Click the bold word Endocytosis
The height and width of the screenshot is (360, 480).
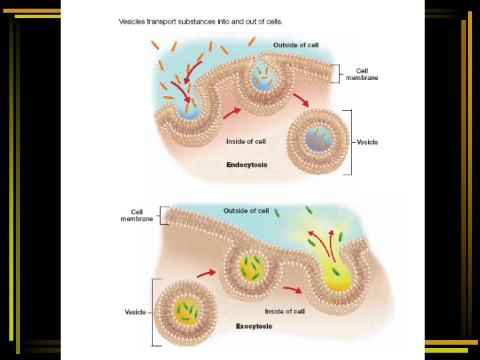click(247, 164)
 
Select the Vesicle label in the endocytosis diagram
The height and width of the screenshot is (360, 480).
click(367, 142)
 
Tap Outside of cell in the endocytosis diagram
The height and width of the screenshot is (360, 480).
click(296, 45)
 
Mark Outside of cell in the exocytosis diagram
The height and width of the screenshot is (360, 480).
click(246, 211)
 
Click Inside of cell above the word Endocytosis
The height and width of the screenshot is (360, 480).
click(246, 141)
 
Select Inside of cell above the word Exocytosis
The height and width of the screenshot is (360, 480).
click(285, 311)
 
